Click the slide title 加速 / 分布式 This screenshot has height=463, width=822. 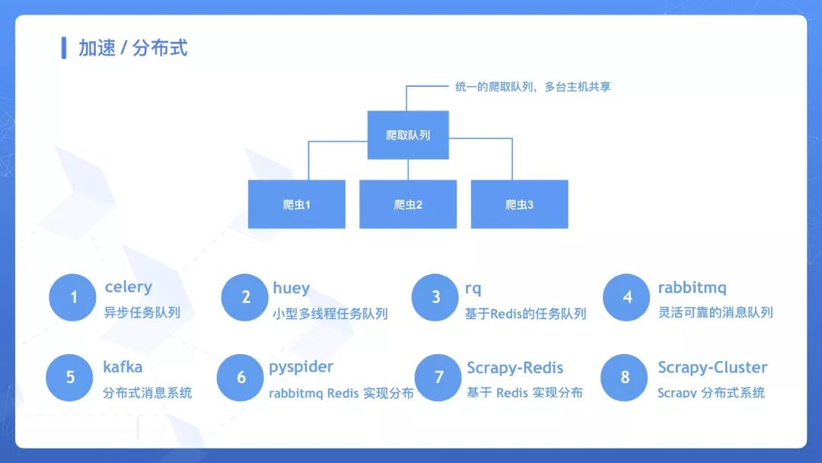point(132,48)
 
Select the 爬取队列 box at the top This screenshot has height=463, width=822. point(408,135)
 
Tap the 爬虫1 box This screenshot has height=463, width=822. point(297,204)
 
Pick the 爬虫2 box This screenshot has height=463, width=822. point(408,204)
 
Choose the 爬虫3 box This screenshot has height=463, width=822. point(520,204)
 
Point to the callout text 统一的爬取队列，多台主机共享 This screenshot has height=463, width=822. point(533,87)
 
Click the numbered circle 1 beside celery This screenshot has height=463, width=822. point(72,297)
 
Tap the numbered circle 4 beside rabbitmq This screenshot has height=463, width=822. point(626,297)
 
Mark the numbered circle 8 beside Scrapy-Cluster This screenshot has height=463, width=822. point(624,378)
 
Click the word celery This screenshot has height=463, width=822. point(129,287)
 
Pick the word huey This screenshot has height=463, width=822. point(291,289)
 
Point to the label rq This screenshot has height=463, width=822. point(473,289)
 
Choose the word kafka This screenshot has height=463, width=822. point(123,366)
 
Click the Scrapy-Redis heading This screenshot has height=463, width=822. point(515,368)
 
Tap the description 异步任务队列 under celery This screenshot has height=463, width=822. point(142,312)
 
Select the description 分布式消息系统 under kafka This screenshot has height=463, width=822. point(148,393)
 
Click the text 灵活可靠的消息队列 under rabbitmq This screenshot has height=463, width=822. point(715,312)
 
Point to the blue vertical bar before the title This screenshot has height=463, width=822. point(64,48)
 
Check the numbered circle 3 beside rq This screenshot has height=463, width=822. point(435,297)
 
